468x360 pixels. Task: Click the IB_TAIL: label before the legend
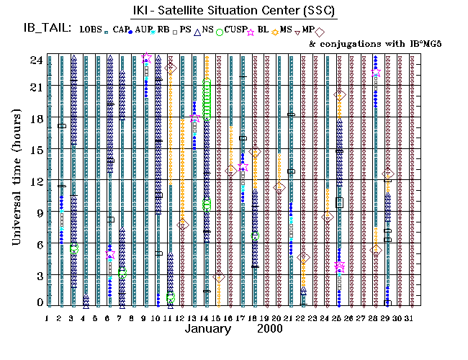45,29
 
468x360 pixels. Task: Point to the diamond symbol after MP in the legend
320,32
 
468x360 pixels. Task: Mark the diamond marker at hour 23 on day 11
170,68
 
